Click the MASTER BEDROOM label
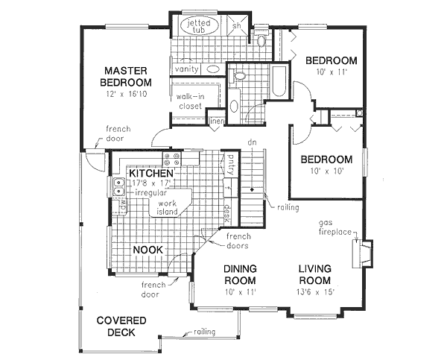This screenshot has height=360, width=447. [128, 76]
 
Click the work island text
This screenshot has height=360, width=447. [165, 207]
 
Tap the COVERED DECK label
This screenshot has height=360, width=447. [121, 326]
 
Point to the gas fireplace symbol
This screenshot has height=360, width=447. [364, 251]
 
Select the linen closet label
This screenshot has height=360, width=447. [217, 122]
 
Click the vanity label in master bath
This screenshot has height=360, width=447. [186, 69]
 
